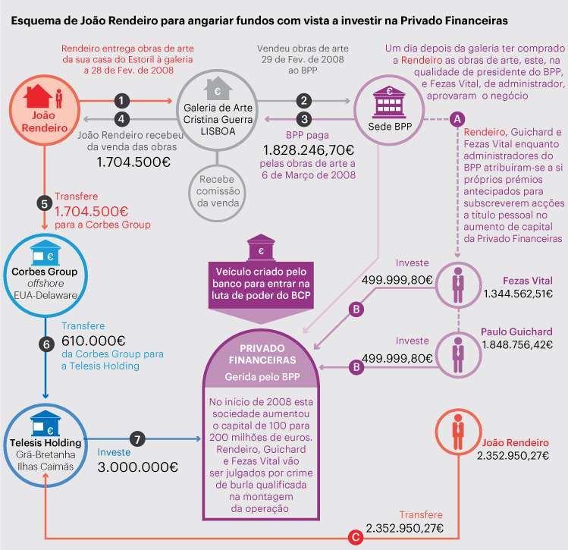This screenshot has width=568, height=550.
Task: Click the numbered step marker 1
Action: click(121, 100)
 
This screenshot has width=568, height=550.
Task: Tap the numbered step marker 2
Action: click(304, 100)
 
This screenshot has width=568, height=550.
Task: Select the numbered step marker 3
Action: click(304, 118)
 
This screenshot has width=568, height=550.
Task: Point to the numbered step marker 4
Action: click(121, 118)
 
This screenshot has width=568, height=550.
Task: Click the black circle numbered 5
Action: click(44, 203)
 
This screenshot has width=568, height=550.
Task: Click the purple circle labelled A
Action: click(457, 118)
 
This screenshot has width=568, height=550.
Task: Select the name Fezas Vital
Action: click(528, 279)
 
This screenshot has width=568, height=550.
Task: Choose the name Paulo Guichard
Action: click(516, 332)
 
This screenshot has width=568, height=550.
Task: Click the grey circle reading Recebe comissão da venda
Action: click(218, 193)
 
